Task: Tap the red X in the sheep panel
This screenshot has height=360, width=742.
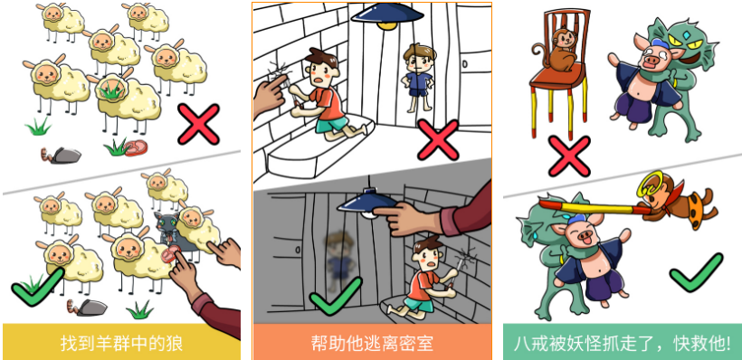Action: (x=199, y=124)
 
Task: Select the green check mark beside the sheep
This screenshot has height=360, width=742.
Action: (x=37, y=286)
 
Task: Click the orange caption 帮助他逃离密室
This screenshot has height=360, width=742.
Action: (x=372, y=343)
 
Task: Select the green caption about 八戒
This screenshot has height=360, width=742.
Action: (x=623, y=343)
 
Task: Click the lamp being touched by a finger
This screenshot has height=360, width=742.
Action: (x=366, y=203)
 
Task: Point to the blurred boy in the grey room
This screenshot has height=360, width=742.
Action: (x=339, y=259)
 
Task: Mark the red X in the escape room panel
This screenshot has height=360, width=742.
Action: (x=438, y=139)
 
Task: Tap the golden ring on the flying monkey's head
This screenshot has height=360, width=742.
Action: (x=649, y=185)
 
